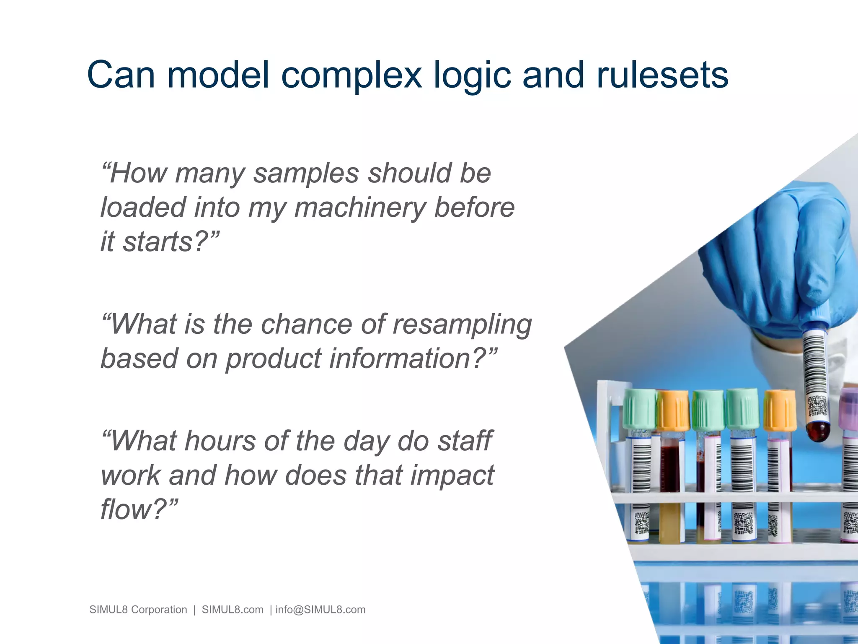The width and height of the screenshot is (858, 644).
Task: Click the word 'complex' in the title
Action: (x=351, y=75)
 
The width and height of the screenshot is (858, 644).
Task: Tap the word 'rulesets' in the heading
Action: (x=662, y=75)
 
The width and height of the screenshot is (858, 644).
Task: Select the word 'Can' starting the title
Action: (x=121, y=75)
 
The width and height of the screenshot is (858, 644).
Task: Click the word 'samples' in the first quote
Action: (x=306, y=173)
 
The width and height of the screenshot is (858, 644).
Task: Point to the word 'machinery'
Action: (x=359, y=208)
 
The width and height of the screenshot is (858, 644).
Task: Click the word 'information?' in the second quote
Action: (x=413, y=359)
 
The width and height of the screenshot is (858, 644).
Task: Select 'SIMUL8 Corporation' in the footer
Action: (x=138, y=610)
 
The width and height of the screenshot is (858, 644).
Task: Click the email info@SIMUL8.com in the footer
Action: (x=320, y=610)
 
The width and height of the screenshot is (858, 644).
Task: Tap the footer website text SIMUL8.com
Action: (x=233, y=610)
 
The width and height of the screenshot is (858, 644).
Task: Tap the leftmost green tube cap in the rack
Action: (x=639, y=409)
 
